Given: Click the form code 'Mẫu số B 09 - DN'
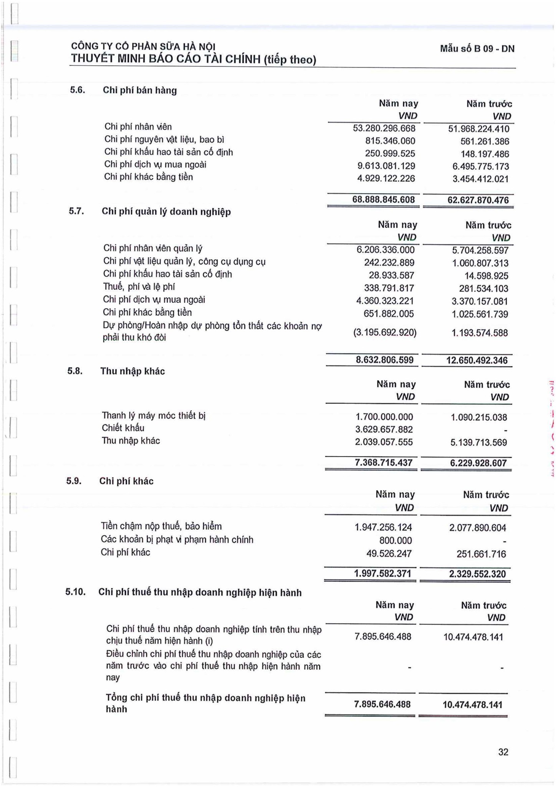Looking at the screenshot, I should point(477,49).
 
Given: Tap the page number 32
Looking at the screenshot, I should point(503,752).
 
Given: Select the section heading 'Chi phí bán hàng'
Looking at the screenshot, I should point(140,90).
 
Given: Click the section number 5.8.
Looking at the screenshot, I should point(75,371).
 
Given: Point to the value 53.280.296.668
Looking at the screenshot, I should point(384,128).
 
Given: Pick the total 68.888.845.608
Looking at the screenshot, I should point(383,200).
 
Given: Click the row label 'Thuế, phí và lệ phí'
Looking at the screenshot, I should point(139,287).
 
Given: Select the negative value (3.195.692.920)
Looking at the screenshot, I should point(384,332).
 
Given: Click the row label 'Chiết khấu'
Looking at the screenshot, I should point(123,428).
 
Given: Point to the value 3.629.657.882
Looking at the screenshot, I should point(384,430).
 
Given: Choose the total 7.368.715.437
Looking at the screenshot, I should point(383,463).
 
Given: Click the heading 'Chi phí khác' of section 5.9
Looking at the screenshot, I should point(126,481).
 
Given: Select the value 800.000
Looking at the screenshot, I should point(395,541).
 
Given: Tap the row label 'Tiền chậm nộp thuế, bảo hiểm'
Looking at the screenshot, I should point(161,526).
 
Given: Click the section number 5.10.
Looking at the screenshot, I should point(75,592).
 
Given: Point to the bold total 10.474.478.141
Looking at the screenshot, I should point(472,704).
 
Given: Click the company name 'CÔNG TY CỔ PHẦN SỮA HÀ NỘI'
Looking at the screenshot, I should point(143,47).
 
